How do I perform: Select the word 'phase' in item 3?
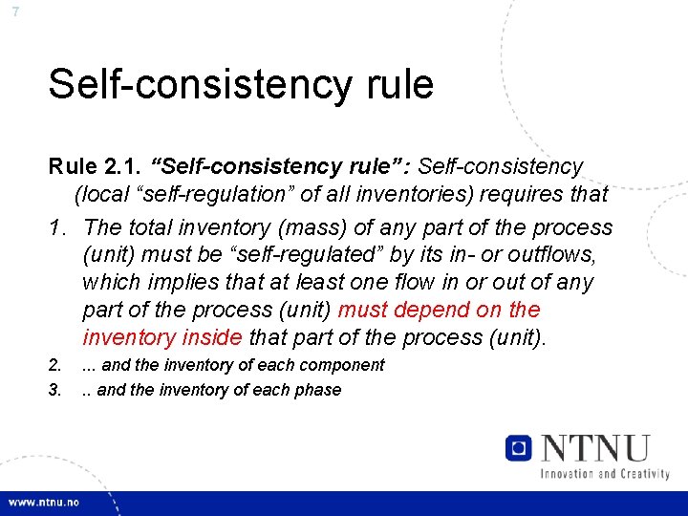[x=319, y=390]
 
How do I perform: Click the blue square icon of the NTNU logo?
[x=519, y=447]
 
